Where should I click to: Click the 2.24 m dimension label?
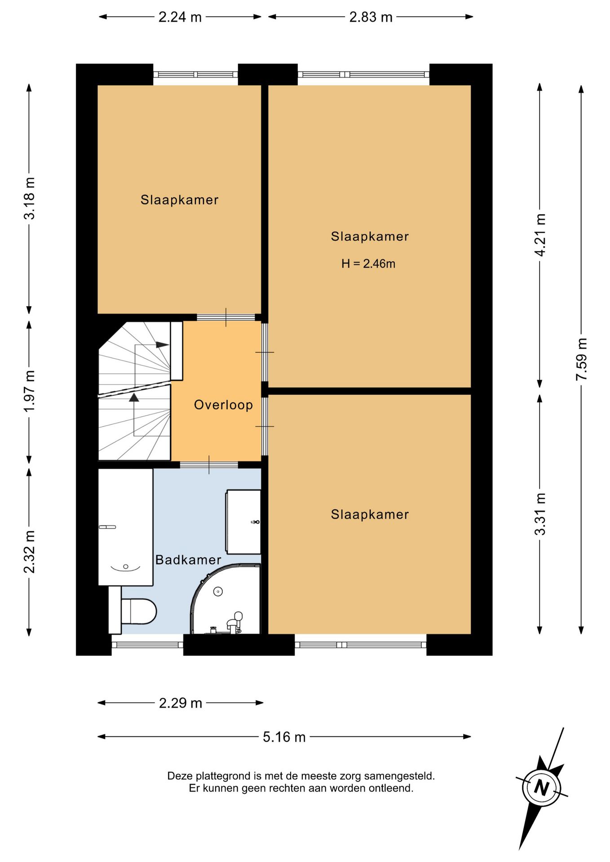[x=180, y=17]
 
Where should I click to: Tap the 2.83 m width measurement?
[x=371, y=17]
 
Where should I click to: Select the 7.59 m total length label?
[x=582, y=359]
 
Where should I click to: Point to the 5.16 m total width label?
[x=284, y=737]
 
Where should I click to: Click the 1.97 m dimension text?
[x=29, y=391]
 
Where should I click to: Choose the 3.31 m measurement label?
[x=540, y=514]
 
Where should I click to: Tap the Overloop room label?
[x=223, y=405]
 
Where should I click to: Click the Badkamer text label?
[x=188, y=560]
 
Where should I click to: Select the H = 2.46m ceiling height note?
[x=368, y=264]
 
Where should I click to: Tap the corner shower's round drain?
[x=218, y=592]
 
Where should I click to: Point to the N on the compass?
[x=542, y=787]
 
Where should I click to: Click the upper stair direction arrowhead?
[x=163, y=345]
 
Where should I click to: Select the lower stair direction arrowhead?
[x=134, y=397]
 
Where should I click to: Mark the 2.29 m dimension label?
[x=181, y=703]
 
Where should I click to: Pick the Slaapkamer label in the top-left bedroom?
[x=180, y=200]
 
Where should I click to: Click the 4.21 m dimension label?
[x=540, y=235]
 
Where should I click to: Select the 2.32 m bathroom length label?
[x=29, y=552]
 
